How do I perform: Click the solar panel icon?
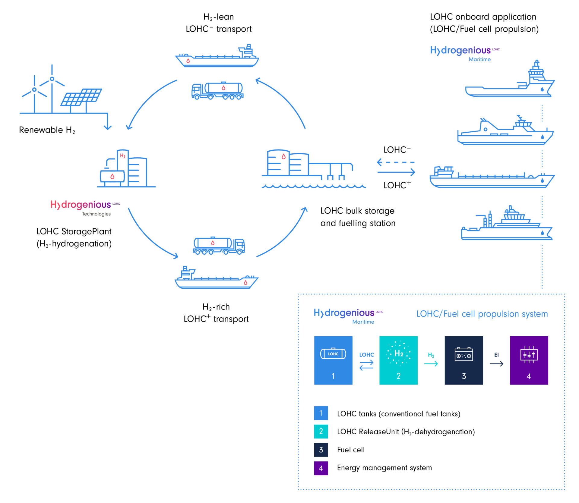(81, 97)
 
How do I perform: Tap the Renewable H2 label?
(47, 130)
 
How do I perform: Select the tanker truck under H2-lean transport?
(217, 91)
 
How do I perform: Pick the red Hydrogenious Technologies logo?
(85, 207)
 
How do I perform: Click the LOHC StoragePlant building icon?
(126, 169)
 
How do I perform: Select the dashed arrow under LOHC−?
(396, 162)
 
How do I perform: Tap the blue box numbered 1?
(333, 360)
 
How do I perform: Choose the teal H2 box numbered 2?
(398, 360)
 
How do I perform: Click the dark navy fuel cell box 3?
(464, 360)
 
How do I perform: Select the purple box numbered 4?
(529, 360)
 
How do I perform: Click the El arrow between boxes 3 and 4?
(496, 364)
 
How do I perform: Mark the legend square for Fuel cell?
(321, 450)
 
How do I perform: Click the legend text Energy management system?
(384, 468)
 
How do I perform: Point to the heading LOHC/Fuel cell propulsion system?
(482, 314)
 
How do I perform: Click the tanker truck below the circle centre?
(219, 245)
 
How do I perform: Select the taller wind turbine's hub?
(52, 79)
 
